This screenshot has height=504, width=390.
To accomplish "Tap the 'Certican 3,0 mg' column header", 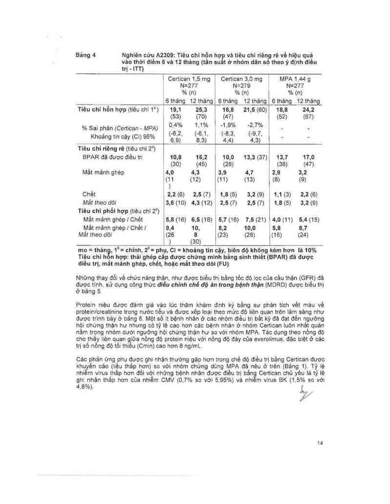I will click(x=241, y=78).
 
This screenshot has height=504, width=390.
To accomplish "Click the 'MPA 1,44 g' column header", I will click(x=295, y=78).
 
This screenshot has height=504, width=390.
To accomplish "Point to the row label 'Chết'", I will click(x=88, y=194).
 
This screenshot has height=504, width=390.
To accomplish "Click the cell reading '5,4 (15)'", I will click(x=308, y=220).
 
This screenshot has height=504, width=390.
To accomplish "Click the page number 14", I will click(x=320, y=443).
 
